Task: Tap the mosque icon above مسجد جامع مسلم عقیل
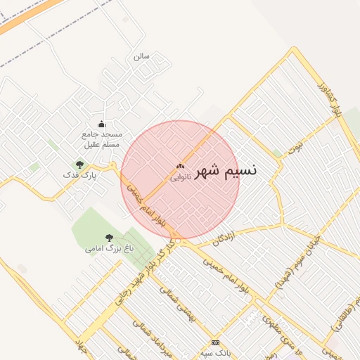(102, 124)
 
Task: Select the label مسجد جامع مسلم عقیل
(102, 139)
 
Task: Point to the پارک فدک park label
(79, 174)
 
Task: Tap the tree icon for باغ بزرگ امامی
(108, 238)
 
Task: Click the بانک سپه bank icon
(215, 342)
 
